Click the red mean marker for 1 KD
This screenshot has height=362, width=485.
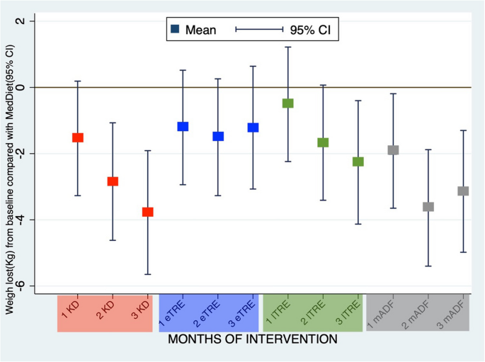[x=78, y=137]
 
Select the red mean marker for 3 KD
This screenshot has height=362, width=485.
[x=147, y=212]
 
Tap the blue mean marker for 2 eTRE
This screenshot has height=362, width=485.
[x=218, y=136]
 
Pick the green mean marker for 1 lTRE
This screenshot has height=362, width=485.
[x=288, y=103]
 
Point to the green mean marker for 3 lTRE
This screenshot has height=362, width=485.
[x=358, y=162]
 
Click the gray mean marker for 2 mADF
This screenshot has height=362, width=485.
[x=428, y=207]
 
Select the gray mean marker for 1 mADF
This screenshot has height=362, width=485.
[x=393, y=150]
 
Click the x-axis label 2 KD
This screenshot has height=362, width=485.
[x=106, y=312]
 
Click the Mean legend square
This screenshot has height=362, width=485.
[x=175, y=29]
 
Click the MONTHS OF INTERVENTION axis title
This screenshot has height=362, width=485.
[x=253, y=340]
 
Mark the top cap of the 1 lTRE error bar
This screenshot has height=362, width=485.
[x=288, y=47]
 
